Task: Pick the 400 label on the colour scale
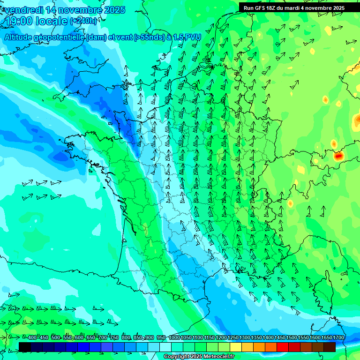tap(32, 338)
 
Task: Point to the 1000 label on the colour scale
tap(174, 338)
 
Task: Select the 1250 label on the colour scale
tap(233, 338)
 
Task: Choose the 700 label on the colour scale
tap(103, 338)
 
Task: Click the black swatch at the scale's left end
tap(25, 347)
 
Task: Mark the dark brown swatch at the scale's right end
tap(330, 347)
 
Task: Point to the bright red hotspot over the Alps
tap(338, 157)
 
